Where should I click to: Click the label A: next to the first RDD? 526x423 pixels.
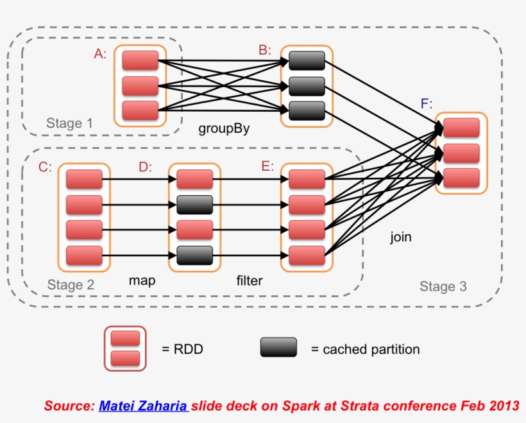click(x=100, y=54)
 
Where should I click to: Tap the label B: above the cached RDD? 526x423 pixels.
click(x=265, y=50)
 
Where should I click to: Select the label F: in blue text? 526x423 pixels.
click(x=427, y=104)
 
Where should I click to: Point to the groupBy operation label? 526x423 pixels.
click(x=224, y=129)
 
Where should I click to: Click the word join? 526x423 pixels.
click(x=401, y=237)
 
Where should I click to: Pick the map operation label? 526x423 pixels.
click(x=142, y=281)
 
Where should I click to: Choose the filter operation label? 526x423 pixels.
click(x=250, y=281)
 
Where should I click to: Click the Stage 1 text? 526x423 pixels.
click(x=64, y=123)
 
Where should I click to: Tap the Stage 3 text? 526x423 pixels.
click(x=443, y=286)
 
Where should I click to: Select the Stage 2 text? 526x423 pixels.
click(x=71, y=285)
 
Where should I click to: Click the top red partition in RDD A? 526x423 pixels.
click(x=140, y=61)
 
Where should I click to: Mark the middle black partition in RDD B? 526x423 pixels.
click(x=307, y=85)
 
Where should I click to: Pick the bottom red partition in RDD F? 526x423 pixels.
click(x=461, y=178)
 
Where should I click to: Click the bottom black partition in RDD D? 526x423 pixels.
click(x=194, y=255)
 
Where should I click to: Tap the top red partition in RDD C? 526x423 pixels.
click(x=84, y=179)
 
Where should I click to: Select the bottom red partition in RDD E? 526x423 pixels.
click(x=307, y=255)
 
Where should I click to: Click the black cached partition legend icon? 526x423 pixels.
click(x=278, y=347)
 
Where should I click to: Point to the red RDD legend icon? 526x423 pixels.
click(x=125, y=349)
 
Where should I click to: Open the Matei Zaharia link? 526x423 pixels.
click(x=143, y=406)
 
